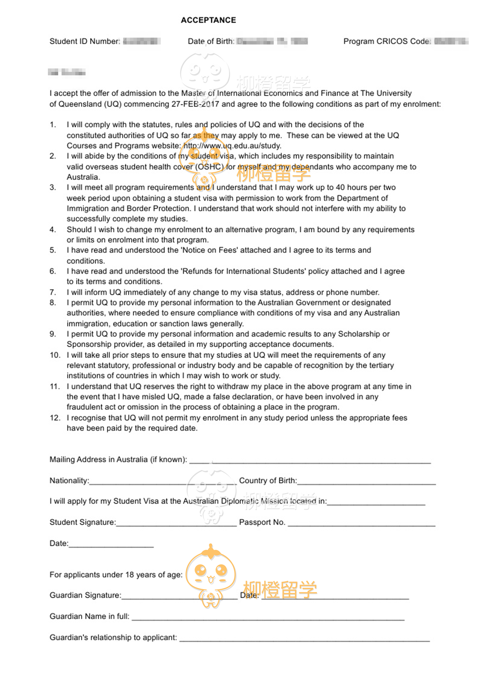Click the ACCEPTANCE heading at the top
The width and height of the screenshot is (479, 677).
point(208,20)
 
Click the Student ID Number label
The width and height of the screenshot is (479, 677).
point(85,41)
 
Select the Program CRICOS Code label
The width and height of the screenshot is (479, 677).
point(387,41)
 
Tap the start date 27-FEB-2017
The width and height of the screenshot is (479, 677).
point(195,104)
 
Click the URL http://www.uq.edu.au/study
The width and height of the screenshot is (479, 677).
point(232,146)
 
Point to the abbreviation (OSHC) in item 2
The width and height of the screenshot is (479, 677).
point(210,167)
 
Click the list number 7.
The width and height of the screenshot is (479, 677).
point(53,292)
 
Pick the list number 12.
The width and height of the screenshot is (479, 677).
point(55,418)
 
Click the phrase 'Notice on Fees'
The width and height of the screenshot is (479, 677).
point(209,250)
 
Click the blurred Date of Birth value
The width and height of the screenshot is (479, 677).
point(272,41)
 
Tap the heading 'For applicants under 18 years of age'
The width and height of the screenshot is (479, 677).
point(116,575)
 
